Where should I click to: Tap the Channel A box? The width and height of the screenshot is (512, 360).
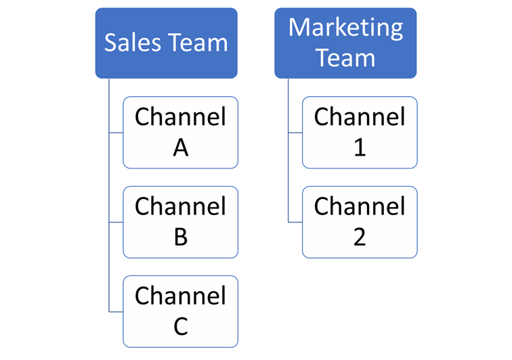(x=180, y=132)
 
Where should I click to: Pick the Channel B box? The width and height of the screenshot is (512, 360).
(x=180, y=222)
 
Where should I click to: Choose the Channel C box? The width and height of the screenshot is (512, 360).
(x=180, y=311)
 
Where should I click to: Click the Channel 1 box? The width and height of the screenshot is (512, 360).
(x=360, y=132)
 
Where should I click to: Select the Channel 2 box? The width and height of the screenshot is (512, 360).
(x=360, y=222)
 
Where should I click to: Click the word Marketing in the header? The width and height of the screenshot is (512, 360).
(x=345, y=28)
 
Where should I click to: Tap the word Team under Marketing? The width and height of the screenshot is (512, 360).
(x=345, y=58)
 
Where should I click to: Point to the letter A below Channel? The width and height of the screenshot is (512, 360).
(x=180, y=148)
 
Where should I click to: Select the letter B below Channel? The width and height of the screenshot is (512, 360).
(x=180, y=237)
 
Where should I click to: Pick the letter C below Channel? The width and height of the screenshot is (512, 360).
(x=180, y=326)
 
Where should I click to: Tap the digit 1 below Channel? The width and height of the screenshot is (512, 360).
(x=360, y=148)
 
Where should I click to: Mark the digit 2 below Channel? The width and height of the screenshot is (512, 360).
(x=360, y=237)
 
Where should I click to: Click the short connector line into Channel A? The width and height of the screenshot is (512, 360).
(x=116, y=133)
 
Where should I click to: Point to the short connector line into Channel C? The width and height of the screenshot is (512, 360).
(x=116, y=311)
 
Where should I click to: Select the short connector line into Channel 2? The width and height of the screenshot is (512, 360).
(x=295, y=222)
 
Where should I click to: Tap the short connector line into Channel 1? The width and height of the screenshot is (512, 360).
(x=295, y=133)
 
